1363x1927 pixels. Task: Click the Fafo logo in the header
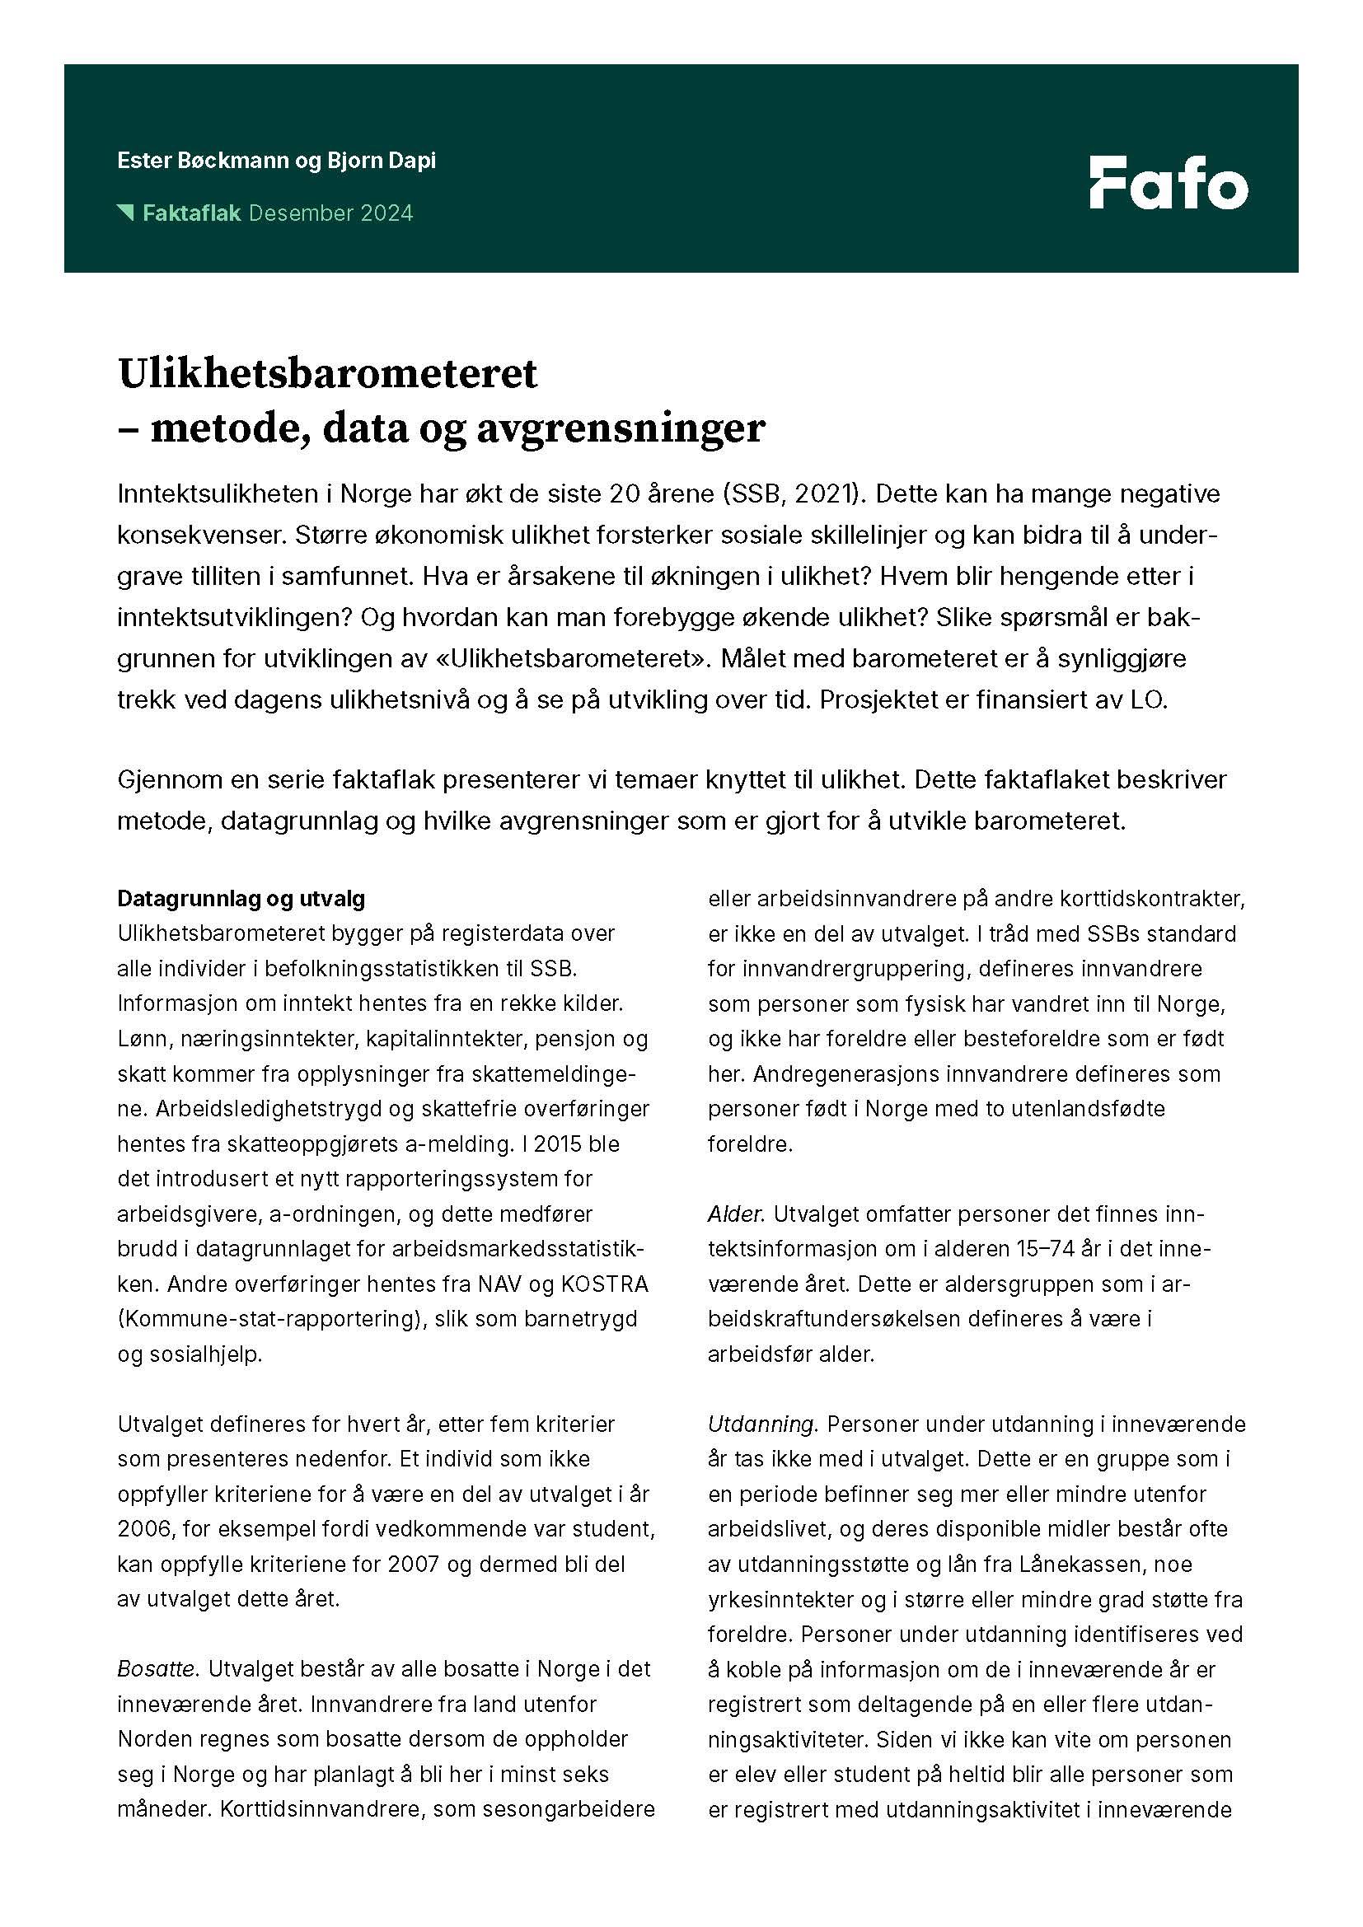coord(1169,182)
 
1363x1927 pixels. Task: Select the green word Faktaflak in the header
coord(191,213)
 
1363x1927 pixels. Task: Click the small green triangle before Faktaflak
coord(125,212)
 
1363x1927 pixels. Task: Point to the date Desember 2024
coord(331,213)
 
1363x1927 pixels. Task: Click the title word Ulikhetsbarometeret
coord(327,373)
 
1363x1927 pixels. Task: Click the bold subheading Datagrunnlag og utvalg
coord(241,899)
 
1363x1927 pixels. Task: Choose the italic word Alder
coord(735,1214)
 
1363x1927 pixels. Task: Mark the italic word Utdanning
coord(761,1424)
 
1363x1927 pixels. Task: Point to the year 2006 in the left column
coord(140,1529)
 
